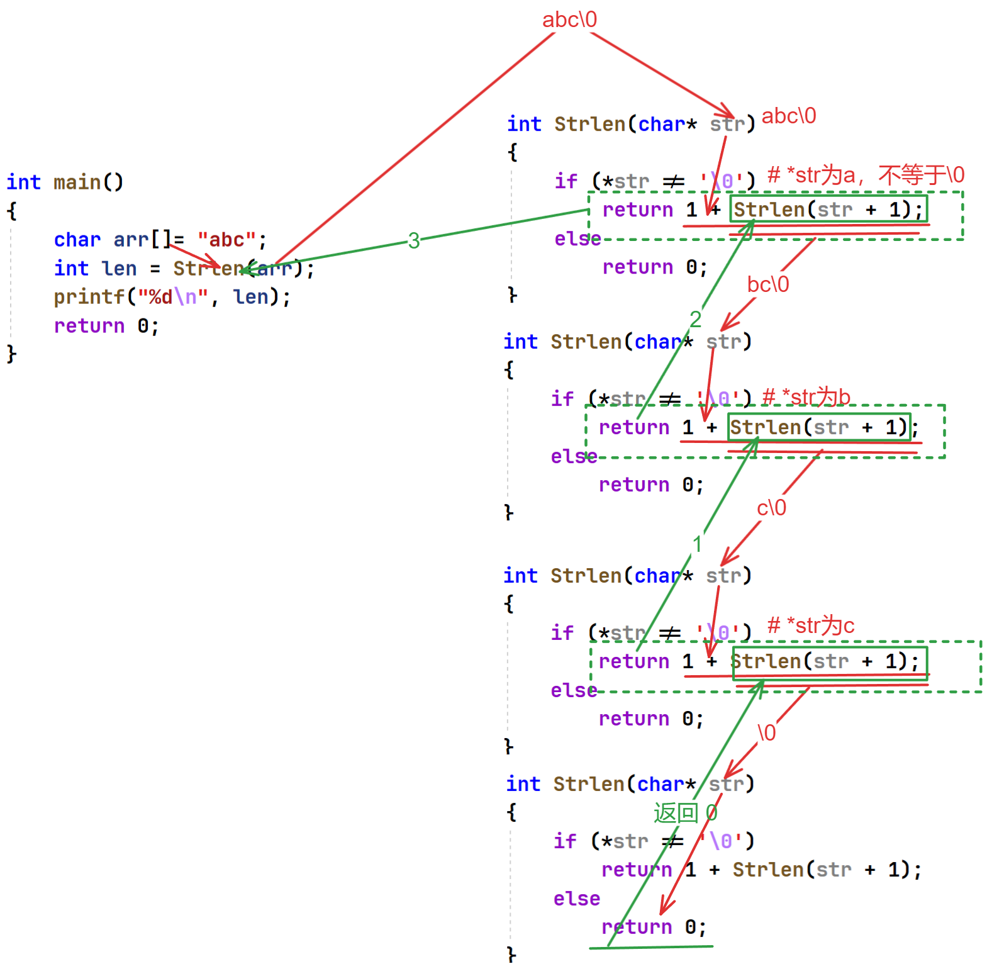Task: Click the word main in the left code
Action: point(77,182)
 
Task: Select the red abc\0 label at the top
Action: point(569,20)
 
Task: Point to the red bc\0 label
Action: point(767,284)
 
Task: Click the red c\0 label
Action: point(771,508)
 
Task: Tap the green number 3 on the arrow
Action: point(413,240)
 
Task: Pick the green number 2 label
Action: point(695,319)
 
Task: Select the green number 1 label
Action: point(697,544)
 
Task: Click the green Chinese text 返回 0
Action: point(685,813)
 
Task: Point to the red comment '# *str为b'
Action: point(806,397)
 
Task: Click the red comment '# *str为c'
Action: point(811,625)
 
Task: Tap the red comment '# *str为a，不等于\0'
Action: point(866,175)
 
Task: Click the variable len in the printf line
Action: point(250,297)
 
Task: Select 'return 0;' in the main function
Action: point(106,326)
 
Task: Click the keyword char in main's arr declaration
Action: point(77,240)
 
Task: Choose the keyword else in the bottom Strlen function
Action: point(576,899)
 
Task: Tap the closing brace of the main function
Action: point(11,354)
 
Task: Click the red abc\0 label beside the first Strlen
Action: point(789,116)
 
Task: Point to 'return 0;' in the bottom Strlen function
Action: point(654,927)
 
